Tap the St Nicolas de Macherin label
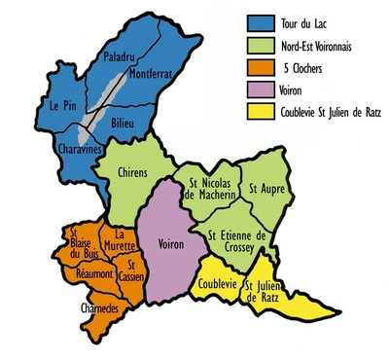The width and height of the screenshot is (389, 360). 207,191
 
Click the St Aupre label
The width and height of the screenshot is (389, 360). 265,188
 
